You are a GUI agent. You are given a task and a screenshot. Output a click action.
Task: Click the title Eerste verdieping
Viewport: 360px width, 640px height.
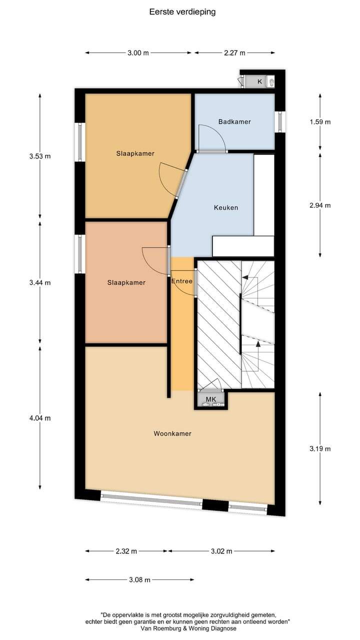click(x=182, y=12)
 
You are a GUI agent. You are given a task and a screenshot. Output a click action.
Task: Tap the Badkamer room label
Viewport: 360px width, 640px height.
click(x=234, y=121)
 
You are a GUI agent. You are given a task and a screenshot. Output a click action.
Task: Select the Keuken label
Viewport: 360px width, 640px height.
click(x=226, y=207)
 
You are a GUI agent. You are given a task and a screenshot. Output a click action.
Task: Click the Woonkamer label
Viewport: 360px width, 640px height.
click(x=172, y=433)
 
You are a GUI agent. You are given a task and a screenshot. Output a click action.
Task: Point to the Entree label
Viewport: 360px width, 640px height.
click(x=181, y=281)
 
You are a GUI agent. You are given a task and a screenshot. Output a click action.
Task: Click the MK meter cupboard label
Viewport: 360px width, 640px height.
click(x=211, y=399)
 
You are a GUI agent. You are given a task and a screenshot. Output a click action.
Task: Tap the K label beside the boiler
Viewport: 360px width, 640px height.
click(x=259, y=81)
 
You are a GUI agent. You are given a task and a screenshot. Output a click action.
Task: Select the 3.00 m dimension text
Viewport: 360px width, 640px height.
click(x=138, y=52)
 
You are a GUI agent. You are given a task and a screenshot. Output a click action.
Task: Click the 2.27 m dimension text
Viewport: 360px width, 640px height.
click(x=234, y=52)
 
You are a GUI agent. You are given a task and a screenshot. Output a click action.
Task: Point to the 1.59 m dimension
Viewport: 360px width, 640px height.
click(x=320, y=121)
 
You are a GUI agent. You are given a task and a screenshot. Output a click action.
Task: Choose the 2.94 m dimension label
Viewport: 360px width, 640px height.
click(x=320, y=205)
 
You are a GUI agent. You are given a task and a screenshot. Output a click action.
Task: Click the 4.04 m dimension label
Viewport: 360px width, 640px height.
click(x=40, y=418)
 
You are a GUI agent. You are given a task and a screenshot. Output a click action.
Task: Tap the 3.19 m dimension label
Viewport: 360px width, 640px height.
click(x=320, y=448)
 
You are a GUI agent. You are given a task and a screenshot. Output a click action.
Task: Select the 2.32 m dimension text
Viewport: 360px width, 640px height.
click(x=126, y=551)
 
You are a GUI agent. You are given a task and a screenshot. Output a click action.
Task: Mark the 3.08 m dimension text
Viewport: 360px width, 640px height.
click(x=139, y=579)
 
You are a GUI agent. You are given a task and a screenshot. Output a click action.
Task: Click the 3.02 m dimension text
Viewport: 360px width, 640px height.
click(x=221, y=551)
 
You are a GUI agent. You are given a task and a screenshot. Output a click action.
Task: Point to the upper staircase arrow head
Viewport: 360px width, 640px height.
click(x=245, y=277)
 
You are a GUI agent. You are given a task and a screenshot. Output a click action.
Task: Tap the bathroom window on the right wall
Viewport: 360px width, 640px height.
click(x=280, y=121)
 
